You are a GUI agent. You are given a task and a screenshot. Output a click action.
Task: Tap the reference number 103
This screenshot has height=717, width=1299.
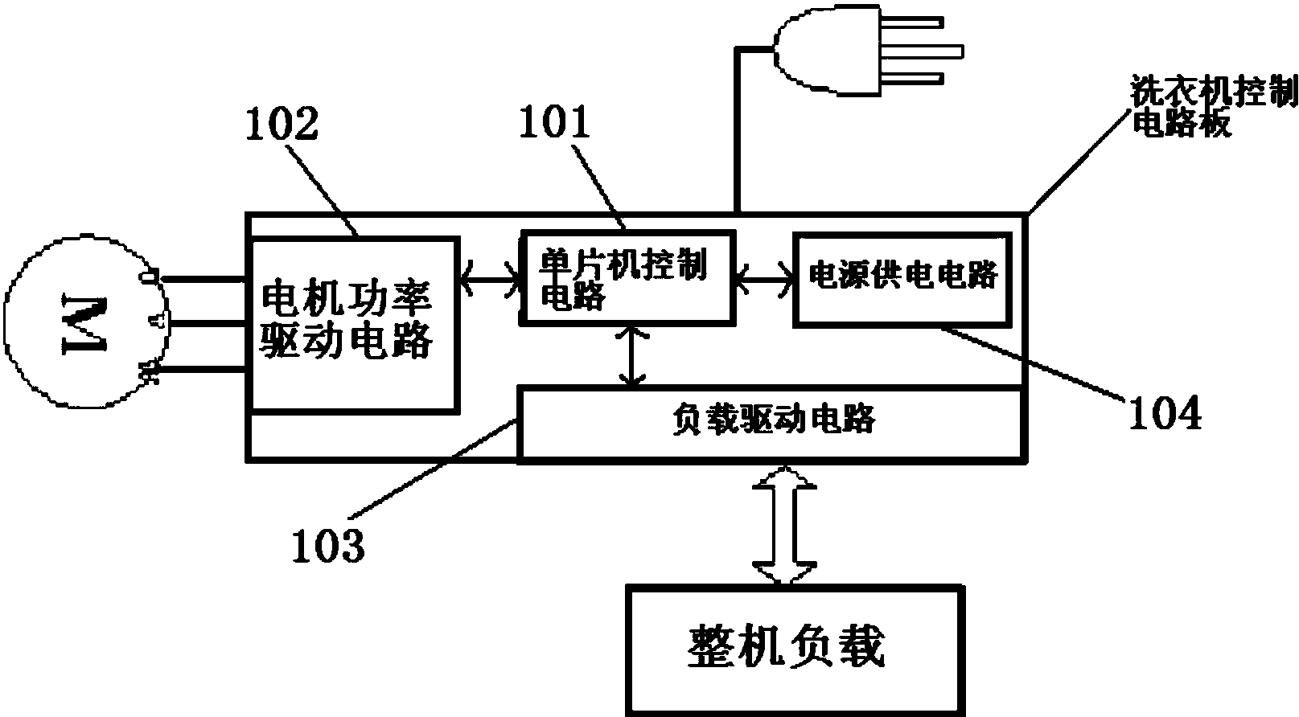tap(327, 546)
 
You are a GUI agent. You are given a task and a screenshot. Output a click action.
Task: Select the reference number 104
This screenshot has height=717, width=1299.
tap(1165, 414)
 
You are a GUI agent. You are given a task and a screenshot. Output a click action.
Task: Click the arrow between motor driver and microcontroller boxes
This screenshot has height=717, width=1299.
tap(490, 279)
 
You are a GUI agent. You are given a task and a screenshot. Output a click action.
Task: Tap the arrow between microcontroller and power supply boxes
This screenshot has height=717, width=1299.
tap(763, 279)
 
